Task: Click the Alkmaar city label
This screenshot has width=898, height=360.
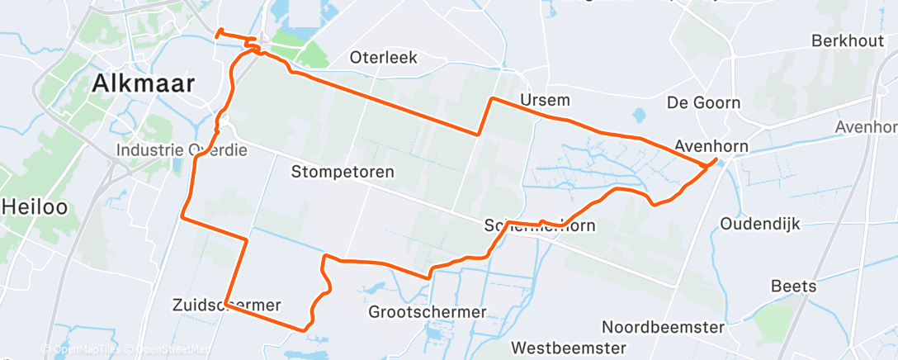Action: click(144, 83)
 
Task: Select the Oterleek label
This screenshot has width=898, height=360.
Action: click(384, 58)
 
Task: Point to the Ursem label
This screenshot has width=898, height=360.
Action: click(546, 101)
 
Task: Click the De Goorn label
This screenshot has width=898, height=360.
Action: click(703, 103)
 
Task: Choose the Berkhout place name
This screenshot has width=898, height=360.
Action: click(849, 40)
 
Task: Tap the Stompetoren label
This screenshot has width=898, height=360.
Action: click(343, 173)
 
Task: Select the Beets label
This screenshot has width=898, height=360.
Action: click(793, 287)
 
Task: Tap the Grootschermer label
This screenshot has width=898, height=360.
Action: click(428, 312)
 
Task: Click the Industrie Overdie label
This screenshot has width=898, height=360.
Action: click(182, 151)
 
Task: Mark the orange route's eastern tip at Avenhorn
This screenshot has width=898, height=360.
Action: click(715, 161)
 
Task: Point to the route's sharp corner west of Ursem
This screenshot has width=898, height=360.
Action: click(493, 99)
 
